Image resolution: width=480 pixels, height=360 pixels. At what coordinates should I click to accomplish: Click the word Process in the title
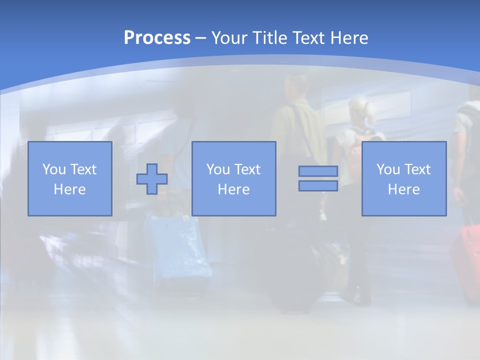coord(157,38)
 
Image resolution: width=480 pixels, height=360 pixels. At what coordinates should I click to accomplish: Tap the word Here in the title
coord(348,38)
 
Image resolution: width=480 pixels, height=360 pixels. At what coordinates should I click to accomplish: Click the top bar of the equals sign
coord(318,171)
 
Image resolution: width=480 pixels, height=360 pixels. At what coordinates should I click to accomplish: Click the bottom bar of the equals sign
coord(318,186)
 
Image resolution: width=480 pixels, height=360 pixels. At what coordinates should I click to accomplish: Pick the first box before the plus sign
coord(69,178)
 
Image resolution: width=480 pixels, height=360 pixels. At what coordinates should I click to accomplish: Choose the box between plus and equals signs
coord(233,178)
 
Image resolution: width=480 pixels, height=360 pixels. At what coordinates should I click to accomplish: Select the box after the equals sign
coord(403,178)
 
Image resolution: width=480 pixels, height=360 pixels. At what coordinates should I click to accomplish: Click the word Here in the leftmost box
coord(69,189)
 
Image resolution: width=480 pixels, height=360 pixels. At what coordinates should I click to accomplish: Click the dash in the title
coord(201,38)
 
